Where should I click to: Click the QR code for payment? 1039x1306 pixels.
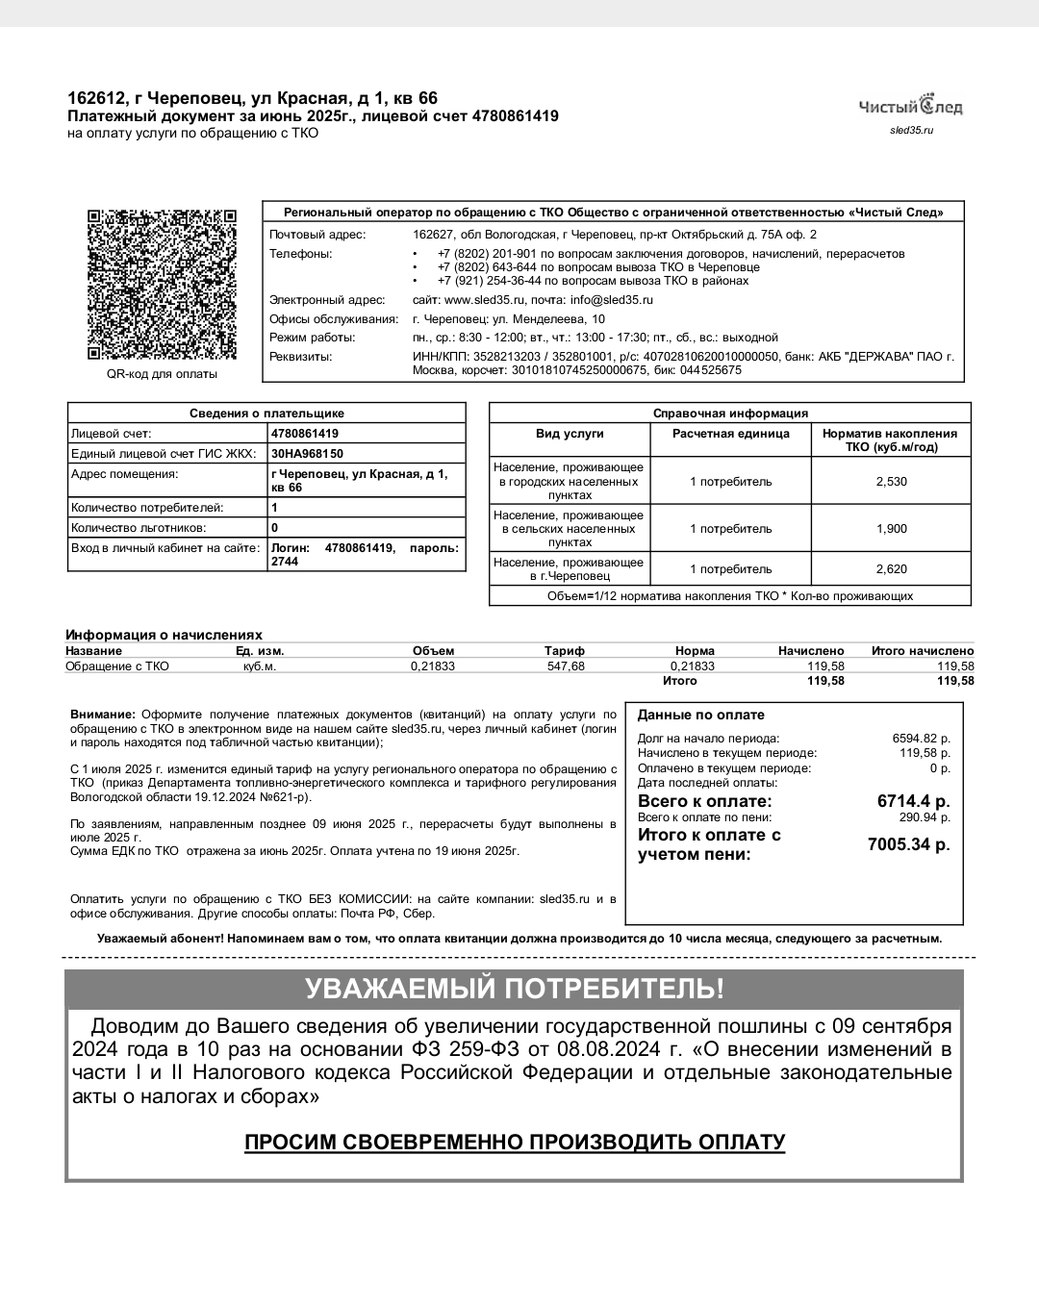[x=162, y=284]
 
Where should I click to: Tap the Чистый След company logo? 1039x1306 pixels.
[x=910, y=106]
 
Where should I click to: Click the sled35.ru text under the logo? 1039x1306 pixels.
[x=911, y=130]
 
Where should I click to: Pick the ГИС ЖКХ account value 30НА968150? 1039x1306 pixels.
[x=307, y=454]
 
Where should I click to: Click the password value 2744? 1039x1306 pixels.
[x=285, y=562]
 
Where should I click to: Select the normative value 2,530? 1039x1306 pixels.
[x=891, y=481]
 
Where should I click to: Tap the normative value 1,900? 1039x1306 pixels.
[x=891, y=529]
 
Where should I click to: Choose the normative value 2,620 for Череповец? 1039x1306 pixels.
[x=891, y=569]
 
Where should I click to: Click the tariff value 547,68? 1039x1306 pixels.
[x=566, y=666]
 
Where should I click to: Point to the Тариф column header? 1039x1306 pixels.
[x=565, y=651]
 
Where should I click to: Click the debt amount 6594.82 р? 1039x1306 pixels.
[x=921, y=739]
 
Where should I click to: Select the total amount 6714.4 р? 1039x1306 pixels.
[x=913, y=801]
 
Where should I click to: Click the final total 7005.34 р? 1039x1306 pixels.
[x=908, y=844]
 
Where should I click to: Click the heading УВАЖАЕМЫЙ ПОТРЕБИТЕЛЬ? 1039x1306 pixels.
[x=515, y=989]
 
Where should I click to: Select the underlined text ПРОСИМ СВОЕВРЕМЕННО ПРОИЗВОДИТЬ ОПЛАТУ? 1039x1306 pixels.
[x=515, y=1143]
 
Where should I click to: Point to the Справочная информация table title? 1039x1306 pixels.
[x=730, y=414]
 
